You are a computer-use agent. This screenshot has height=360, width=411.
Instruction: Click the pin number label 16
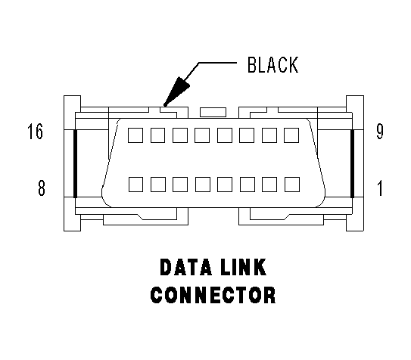pyautogui.click(x=35, y=132)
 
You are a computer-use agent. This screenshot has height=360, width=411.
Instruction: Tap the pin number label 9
pyautogui.click(x=380, y=132)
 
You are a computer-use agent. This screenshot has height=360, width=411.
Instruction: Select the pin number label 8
pyautogui.click(x=42, y=188)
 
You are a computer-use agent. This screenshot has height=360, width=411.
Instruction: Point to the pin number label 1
pyautogui.click(x=380, y=188)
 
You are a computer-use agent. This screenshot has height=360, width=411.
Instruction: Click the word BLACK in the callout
pyautogui.click(x=272, y=65)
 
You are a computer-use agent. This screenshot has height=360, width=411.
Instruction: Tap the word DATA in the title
pyautogui.click(x=185, y=267)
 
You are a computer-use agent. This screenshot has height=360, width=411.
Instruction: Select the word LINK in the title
pyautogui.click(x=244, y=267)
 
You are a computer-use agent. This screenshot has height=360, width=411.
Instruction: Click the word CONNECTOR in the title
pyautogui.click(x=213, y=295)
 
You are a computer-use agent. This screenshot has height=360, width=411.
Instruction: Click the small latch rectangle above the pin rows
pyautogui.click(x=213, y=112)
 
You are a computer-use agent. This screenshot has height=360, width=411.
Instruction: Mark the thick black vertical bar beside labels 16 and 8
pyautogui.click(x=75, y=163)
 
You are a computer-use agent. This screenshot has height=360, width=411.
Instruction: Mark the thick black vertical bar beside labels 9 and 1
pyautogui.click(x=352, y=163)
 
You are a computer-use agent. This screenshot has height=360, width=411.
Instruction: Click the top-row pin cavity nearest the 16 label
pyautogui.click(x=135, y=135)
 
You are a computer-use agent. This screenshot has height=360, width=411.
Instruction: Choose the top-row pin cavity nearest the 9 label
pyautogui.click(x=291, y=135)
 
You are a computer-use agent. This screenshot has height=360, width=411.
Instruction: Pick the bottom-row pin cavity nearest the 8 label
pyautogui.click(x=135, y=185)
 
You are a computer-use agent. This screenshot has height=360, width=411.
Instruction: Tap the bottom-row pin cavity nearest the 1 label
pyautogui.click(x=292, y=185)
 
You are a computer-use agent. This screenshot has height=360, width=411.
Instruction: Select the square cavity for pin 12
pyautogui.click(x=225, y=135)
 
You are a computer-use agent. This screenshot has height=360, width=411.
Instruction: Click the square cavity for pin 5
pyautogui.click(x=203, y=185)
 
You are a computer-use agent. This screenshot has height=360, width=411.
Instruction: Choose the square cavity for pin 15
pyautogui.click(x=157, y=135)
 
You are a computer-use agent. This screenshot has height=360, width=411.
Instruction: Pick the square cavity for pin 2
pyautogui.click(x=269, y=185)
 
